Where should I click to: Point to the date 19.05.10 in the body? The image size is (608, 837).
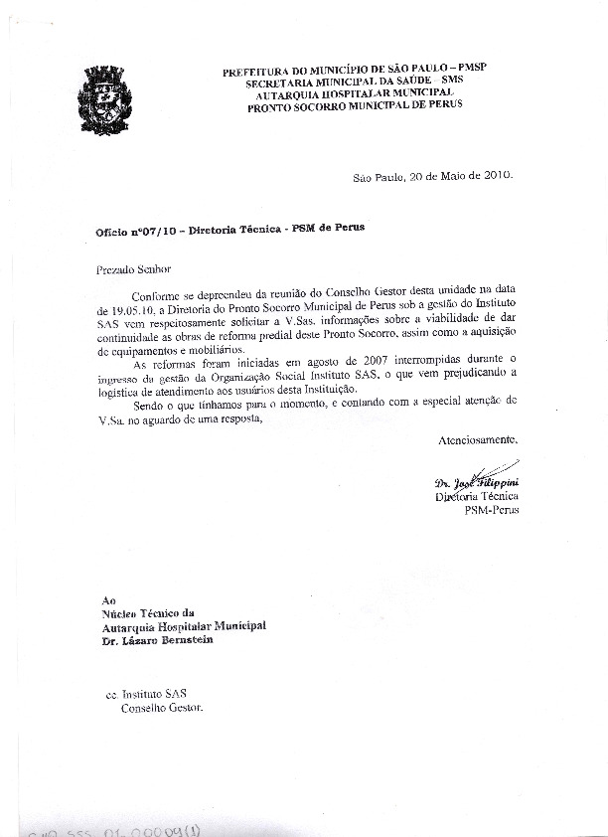(126, 308)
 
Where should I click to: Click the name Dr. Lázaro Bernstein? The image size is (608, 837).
(157, 639)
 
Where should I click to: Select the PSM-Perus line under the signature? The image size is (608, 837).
(491, 509)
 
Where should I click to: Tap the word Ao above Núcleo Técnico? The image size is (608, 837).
(109, 600)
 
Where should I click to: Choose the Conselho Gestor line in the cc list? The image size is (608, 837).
(161, 708)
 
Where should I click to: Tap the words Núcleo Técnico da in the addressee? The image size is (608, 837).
(149, 613)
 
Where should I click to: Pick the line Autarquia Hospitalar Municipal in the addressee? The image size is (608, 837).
(184, 626)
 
